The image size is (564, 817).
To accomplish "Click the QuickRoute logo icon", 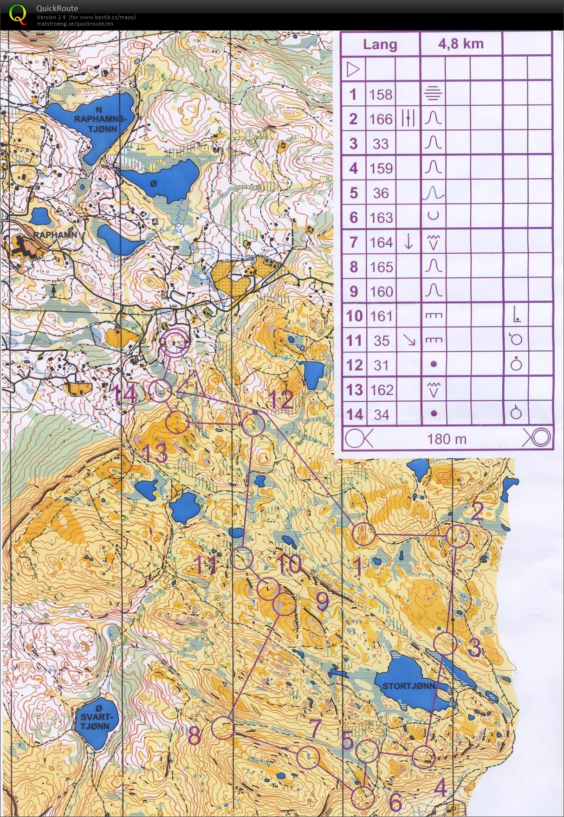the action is point(17,14).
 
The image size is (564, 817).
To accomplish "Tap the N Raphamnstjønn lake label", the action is point(99,119).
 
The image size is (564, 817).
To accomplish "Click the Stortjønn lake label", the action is point(408,686).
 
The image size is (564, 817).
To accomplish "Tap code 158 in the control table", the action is point(381,95).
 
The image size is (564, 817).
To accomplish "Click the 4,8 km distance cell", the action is point(460,44).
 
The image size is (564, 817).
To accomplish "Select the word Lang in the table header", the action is point(380,45).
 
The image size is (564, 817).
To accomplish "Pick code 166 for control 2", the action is point(381,119).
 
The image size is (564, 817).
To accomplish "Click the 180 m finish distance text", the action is point(447,438).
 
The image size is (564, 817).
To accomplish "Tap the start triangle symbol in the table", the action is point(353,70).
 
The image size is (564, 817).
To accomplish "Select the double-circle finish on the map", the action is point(175,342).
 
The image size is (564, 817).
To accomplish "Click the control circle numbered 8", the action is point(223,727).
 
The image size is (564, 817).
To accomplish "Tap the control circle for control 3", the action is point(445,644).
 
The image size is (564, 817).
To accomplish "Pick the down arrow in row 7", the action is point(408,242).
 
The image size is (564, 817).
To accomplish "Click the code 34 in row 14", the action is point(381,414).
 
